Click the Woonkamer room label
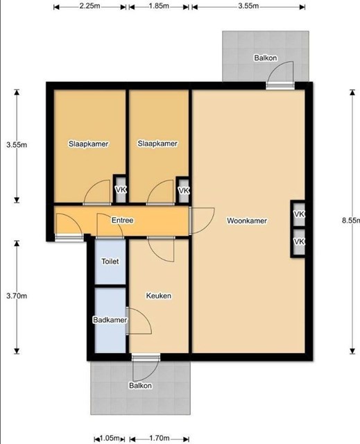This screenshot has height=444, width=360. (247, 221)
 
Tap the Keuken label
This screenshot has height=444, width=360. (158, 296)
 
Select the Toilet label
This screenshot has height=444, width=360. (110, 261)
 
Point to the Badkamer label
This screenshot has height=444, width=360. (110, 320)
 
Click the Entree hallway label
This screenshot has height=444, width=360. (122, 220)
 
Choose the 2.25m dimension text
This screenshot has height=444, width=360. (89, 6)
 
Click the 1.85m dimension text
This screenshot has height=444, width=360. (159, 6)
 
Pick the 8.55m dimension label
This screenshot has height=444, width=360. (351, 221)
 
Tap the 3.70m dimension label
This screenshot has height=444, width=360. (17, 296)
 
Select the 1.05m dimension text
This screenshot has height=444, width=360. (110, 438)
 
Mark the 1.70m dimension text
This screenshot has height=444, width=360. (160, 438)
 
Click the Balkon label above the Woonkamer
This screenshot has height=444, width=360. (266, 58)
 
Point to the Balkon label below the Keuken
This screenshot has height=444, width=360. (140, 386)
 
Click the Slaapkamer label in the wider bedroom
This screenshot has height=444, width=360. (88, 144)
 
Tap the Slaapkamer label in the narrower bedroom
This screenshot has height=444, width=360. (157, 144)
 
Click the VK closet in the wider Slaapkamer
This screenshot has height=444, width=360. (121, 189)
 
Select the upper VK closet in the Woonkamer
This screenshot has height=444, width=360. (298, 214)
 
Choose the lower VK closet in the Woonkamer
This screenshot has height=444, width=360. (298, 242)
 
